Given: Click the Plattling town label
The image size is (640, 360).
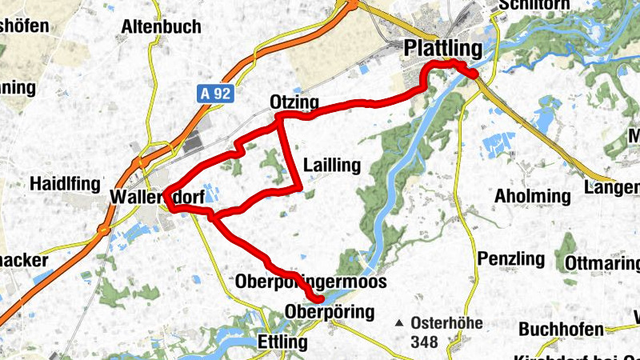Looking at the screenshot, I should pos(444,48).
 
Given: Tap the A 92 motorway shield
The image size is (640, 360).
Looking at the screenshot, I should pos(215,94).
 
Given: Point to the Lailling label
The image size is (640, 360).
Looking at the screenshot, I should pos(332,166).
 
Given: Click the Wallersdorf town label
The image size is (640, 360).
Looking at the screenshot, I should pos(157,197).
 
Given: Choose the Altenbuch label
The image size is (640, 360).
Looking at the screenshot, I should pos(161,27).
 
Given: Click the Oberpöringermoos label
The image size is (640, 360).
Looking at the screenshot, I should pos(311,282).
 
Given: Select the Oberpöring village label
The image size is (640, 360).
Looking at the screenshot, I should pos(330,310).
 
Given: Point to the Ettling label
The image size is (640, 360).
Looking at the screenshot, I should pos(283,342).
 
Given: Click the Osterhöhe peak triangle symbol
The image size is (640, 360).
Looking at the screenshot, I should pos(400,324).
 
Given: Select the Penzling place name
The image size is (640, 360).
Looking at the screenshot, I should pos(510,259).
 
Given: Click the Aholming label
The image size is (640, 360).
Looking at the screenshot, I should pos(533,196).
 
